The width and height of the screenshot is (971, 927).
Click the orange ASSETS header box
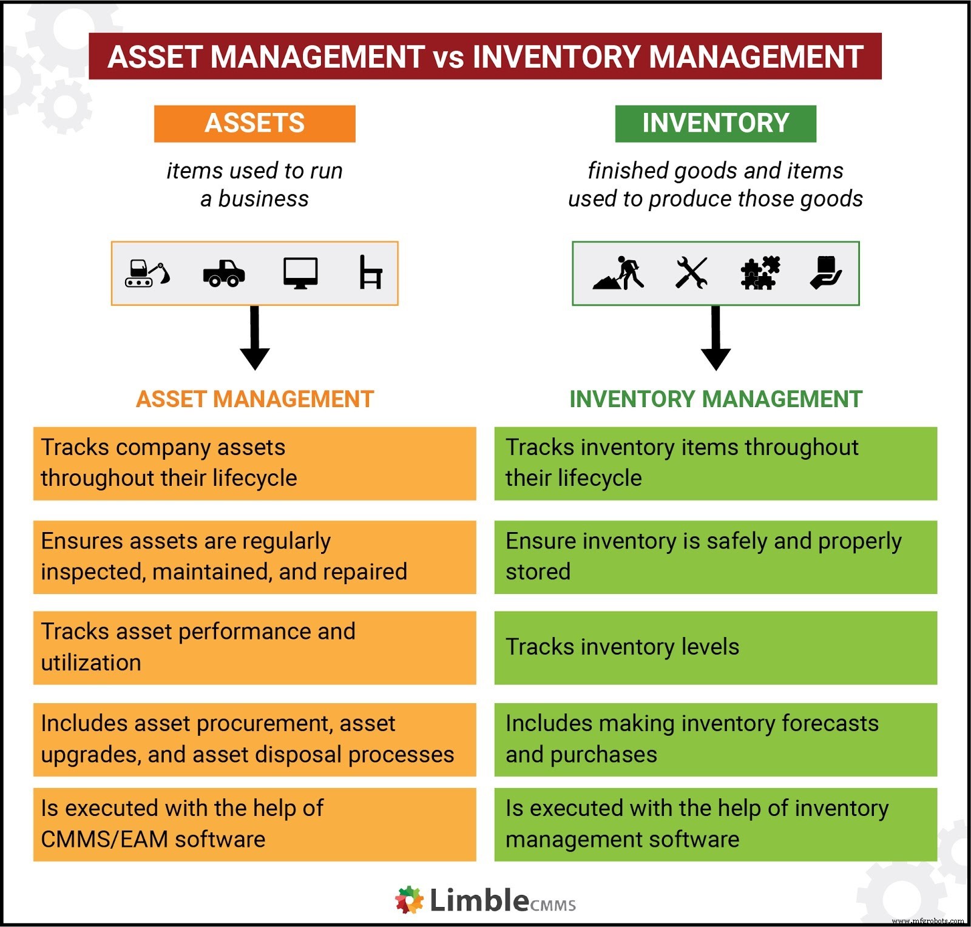point(254,124)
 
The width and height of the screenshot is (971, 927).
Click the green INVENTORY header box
point(716,124)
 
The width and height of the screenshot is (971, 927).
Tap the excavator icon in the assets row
point(147,273)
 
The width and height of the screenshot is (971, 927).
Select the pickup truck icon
point(224,273)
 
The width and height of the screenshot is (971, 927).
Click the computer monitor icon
point(300,273)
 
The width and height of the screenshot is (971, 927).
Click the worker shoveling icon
point(618,272)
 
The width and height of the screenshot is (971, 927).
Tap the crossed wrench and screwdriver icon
point(691,272)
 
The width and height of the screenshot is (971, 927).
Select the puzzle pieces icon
point(760,272)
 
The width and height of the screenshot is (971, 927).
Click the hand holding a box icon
point(826,272)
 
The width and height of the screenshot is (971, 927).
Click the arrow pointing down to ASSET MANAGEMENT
point(255,338)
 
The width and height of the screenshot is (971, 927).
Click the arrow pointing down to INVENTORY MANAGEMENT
point(716,338)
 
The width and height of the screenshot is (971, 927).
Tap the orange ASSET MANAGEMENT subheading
point(255,399)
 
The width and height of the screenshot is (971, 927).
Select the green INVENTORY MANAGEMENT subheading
point(716,399)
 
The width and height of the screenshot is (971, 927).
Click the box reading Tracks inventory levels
point(716,648)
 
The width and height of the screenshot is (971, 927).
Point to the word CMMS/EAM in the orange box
point(104,840)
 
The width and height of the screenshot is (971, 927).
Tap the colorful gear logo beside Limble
point(410,900)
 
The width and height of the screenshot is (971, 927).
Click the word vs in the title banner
point(448,58)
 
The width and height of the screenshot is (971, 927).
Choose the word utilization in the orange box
point(91,662)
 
